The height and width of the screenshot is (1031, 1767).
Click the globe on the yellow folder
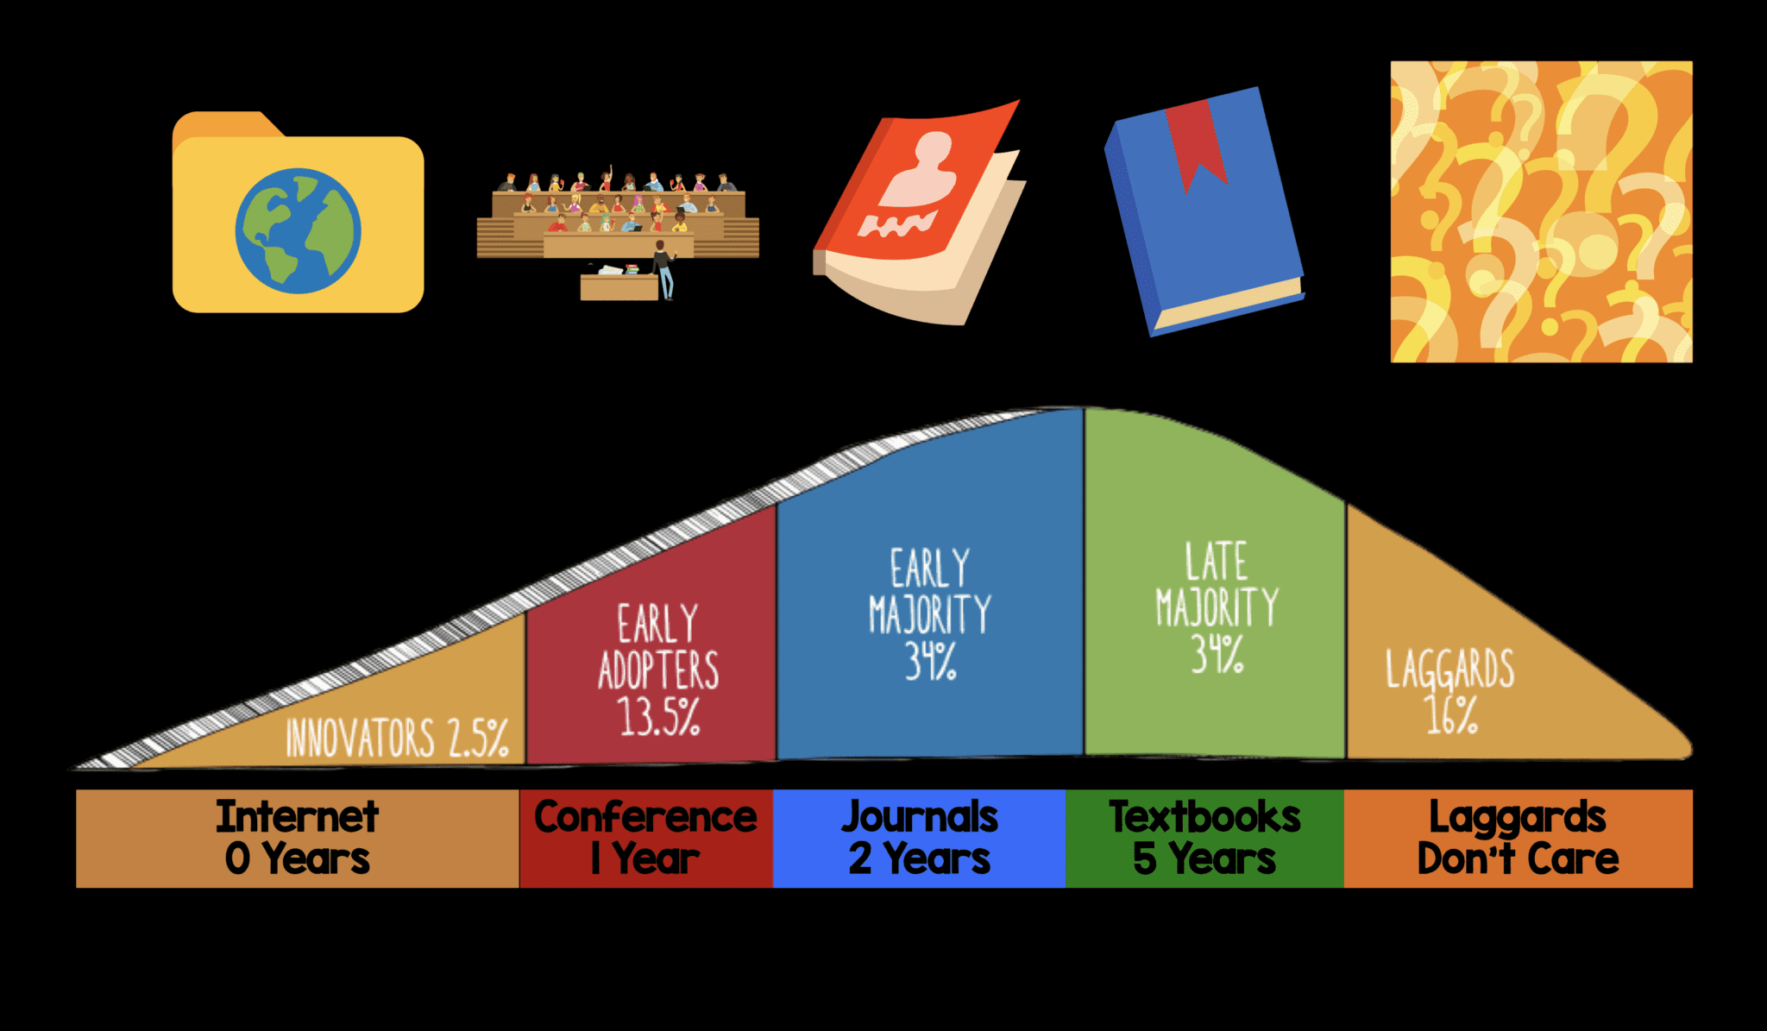coord(299,230)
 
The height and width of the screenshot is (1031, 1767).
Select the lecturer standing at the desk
coord(663,269)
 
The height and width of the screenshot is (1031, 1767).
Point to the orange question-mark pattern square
coord(1541,211)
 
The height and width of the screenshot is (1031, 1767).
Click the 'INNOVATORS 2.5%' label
coord(397,739)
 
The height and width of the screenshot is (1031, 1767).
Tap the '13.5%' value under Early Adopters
coord(657,716)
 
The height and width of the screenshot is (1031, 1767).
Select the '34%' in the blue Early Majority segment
coord(930,661)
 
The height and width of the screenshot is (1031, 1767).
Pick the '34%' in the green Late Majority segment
coord(1217,653)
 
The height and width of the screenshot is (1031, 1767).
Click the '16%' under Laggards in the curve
coord(1451,715)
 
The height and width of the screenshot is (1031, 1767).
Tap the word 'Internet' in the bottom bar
coord(297,816)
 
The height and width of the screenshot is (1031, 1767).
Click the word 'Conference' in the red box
coord(645,816)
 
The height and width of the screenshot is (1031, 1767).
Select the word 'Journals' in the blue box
coord(920,816)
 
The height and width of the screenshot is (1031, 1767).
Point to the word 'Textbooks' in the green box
coord(1204,816)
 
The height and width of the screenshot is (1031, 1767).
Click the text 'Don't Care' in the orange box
coord(1518,859)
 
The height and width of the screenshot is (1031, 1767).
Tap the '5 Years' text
coord(1204,859)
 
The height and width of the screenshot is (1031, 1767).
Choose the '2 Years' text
coord(920,859)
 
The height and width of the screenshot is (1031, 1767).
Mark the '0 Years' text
coord(297,859)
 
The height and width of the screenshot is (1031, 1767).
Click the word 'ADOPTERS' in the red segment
coord(658,670)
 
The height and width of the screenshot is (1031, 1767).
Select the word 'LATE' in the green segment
coord(1216,563)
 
